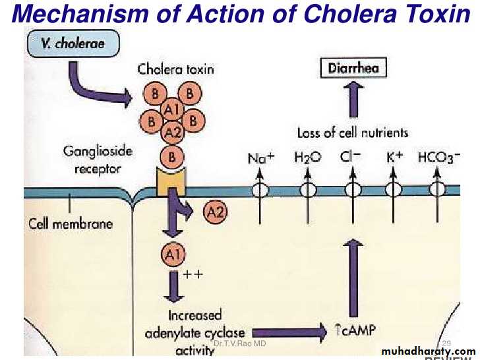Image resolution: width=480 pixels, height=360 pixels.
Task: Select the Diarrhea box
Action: pos(353,68)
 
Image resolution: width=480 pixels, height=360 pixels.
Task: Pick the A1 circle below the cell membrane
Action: pos(173,254)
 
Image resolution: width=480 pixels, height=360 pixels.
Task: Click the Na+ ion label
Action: pos(260,158)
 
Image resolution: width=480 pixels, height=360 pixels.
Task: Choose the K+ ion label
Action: pos(394,158)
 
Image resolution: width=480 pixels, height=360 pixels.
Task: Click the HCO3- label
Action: pos(438,158)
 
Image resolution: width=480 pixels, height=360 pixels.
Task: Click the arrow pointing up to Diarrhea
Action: pos(353,101)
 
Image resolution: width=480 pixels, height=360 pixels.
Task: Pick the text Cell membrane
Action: pos(71,224)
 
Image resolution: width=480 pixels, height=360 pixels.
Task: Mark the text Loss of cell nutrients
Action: pos(353,133)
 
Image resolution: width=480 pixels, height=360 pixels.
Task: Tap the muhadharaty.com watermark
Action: pos(428,351)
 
